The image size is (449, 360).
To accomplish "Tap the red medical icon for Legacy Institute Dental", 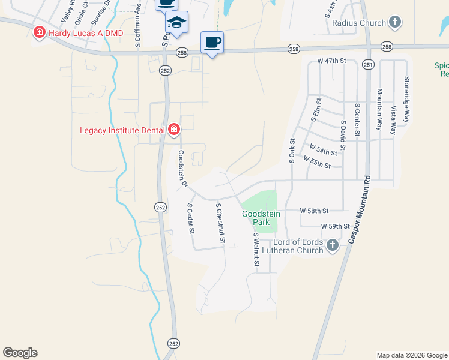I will (x=174, y=129).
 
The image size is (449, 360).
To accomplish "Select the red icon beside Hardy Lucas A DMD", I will (x=40, y=32).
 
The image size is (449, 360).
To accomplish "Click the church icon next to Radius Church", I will (x=394, y=23).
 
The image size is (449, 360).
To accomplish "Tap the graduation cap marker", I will (x=176, y=22).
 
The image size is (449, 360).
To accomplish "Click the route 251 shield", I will (x=369, y=64).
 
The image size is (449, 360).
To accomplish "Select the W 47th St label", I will (x=333, y=61).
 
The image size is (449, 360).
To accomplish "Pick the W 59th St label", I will (x=335, y=226).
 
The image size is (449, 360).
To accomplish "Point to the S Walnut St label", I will (x=256, y=250).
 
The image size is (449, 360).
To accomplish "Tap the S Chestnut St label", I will (x=220, y=223).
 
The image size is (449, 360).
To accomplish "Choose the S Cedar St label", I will (x=190, y=218).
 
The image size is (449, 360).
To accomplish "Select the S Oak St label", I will (x=292, y=151).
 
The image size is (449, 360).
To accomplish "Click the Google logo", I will (x=20, y=353).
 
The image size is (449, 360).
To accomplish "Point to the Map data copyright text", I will (x=412, y=355).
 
